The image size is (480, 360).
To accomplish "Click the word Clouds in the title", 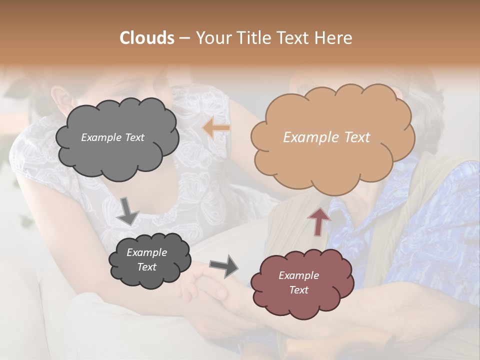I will click(x=147, y=38).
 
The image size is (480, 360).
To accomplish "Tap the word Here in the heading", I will click(x=334, y=38).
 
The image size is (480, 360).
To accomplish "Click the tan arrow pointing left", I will click(x=216, y=128).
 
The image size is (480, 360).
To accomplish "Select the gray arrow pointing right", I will click(x=223, y=266).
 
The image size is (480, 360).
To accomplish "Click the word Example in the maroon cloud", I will click(x=298, y=275).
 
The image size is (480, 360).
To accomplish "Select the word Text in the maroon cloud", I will click(x=298, y=290).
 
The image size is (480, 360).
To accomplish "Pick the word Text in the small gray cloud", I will click(x=147, y=267).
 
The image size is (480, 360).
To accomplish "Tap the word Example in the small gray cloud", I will click(x=147, y=252).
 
